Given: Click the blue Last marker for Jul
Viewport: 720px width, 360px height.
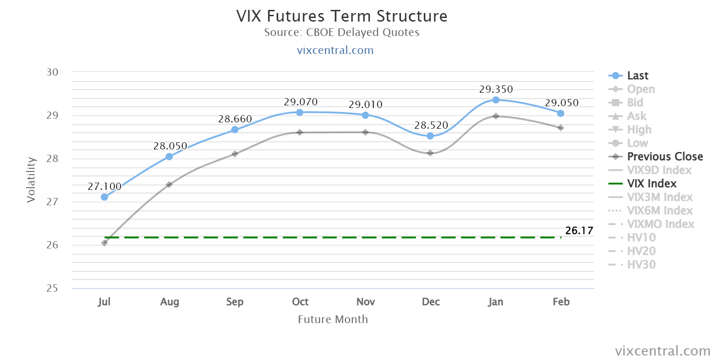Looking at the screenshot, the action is point(104,197).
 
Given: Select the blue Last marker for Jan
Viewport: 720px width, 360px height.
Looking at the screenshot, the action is point(495,100).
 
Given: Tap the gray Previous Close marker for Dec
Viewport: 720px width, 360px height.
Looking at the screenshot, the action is point(430,153).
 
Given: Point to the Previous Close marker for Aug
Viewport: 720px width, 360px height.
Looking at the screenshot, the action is point(169,184).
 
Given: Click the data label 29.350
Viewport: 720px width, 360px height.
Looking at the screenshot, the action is point(496,89).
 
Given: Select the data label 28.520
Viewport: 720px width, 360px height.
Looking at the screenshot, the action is point(431,125).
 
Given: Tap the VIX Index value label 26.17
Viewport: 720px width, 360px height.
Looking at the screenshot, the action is point(579,230).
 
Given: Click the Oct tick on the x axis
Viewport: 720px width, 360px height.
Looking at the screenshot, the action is point(300,301).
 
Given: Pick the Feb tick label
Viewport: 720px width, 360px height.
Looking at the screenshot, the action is point(561,301).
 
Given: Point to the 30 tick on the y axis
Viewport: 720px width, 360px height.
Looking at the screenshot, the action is point(52,72).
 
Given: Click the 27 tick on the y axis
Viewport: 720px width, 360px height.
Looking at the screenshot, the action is point(52,202).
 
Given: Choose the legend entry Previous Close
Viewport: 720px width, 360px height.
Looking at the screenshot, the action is point(656,157).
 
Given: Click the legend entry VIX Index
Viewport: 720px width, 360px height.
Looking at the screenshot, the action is point(643,184).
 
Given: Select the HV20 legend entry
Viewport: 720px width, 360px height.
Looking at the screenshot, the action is point(632,251).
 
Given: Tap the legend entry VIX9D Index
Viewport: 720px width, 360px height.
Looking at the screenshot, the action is point(650,170).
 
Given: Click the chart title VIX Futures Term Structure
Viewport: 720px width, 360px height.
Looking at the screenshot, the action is point(342,16).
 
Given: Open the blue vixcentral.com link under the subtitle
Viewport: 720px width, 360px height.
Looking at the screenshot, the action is point(335,50).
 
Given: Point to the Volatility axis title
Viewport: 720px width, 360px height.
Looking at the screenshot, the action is point(31,180).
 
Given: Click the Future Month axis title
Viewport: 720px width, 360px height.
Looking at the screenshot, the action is point(333,319).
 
